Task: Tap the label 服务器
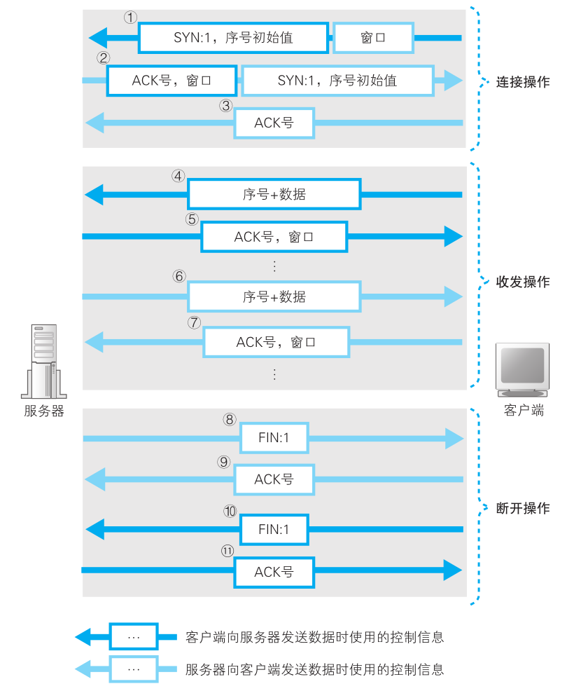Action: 43,411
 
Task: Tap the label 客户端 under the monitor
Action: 524,411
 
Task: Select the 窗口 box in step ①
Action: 372,38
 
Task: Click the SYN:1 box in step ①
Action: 233,38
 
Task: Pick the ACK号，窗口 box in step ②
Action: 171,81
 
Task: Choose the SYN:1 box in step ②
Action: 337,81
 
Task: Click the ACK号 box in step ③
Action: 274,123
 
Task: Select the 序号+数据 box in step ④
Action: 274,194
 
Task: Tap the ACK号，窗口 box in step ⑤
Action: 274,237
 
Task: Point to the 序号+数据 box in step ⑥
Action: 274,296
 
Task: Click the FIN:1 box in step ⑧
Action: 274,439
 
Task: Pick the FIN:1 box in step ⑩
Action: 274,528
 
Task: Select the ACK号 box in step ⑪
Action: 274,572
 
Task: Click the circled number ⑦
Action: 195,322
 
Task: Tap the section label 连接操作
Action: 523,81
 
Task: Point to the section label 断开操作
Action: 523,508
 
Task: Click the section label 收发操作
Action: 523,282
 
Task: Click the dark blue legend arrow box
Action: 134,637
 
